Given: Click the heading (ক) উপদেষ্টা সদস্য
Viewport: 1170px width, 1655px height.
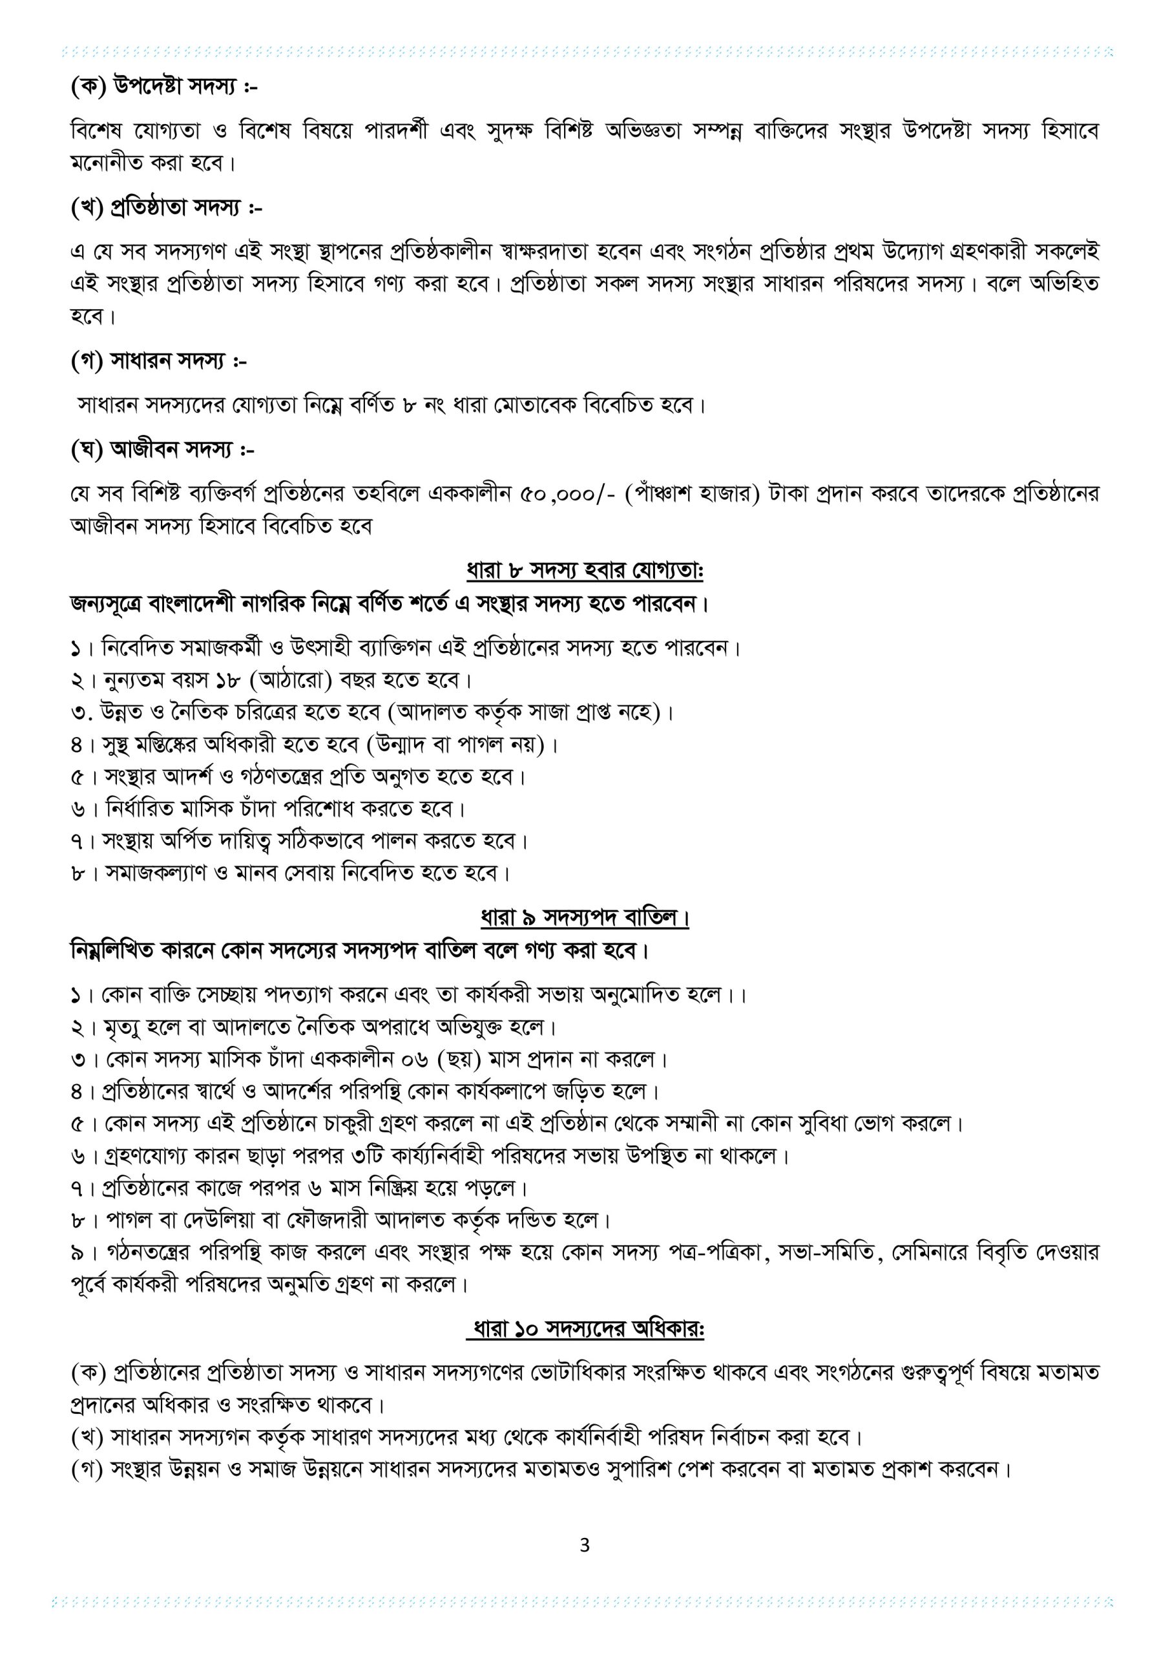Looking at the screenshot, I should (x=164, y=87).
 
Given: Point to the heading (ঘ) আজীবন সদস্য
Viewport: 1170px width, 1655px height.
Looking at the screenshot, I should (x=162, y=450).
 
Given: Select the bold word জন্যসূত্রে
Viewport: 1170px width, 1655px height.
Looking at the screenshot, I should (x=106, y=603).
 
